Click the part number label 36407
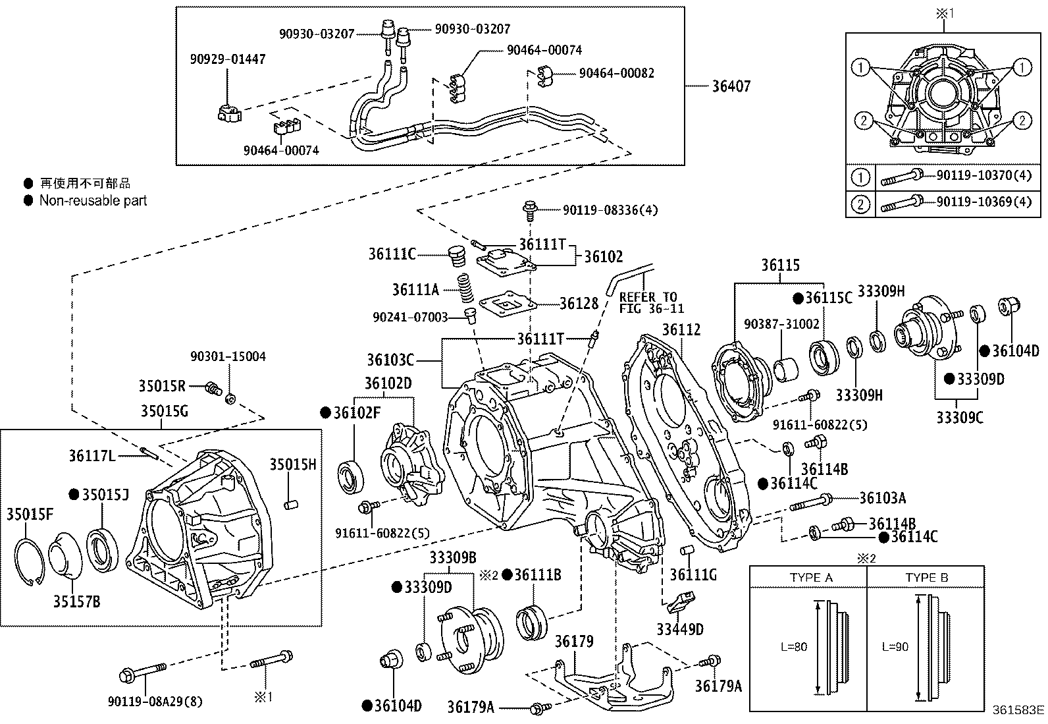click(x=731, y=86)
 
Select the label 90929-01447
click(x=228, y=59)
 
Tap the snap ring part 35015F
click(x=28, y=562)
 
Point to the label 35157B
click(x=76, y=601)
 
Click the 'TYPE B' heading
click(x=926, y=578)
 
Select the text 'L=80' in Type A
click(x=794, y=647)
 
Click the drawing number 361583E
click(x=1018, y=710)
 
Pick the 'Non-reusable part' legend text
click(x=93, y=200)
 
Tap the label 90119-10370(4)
click(x=984, y=177)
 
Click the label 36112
click(x=681, y=330)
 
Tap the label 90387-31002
click(x=781, y=324)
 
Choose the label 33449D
click(x=679, y=630)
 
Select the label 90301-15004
click(x=228, y=356)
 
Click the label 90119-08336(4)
click(x=610, y=210)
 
